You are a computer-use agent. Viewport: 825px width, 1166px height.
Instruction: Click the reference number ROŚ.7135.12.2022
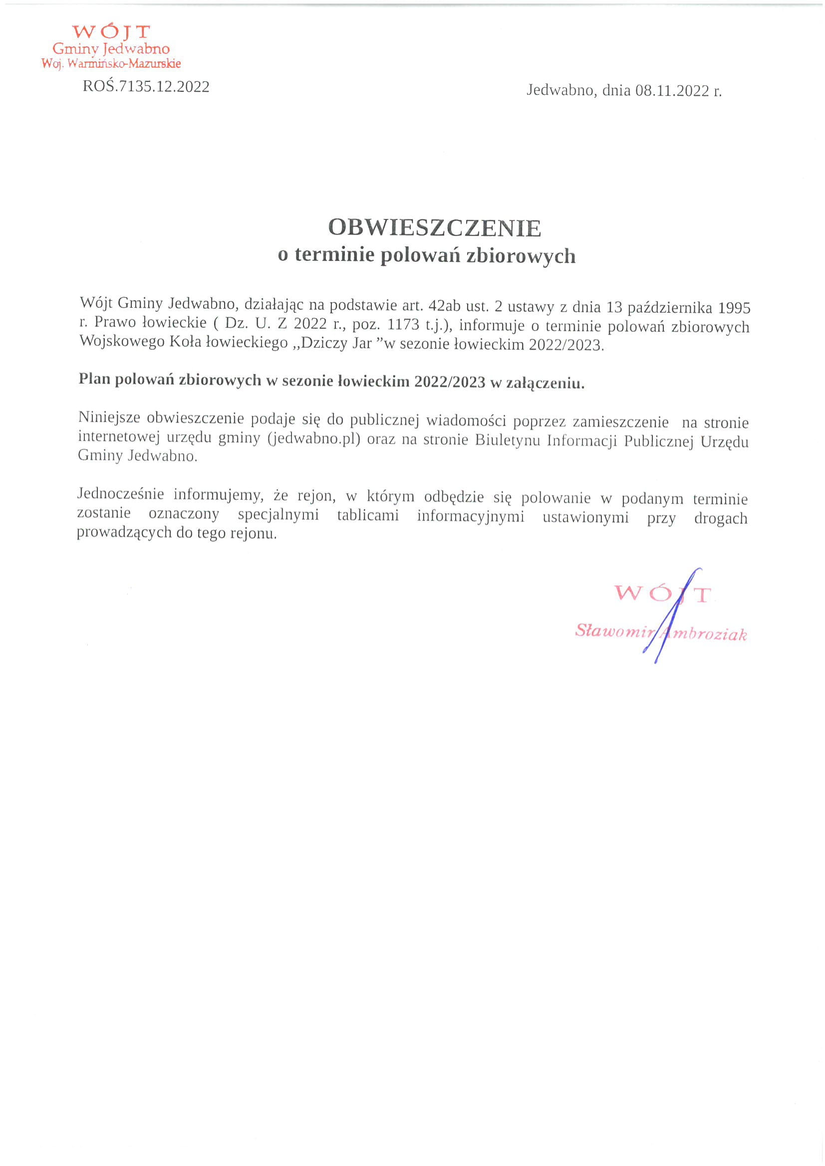(x=146, y=86)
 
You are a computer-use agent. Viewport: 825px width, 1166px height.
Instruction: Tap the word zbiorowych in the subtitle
(x=521, y=256)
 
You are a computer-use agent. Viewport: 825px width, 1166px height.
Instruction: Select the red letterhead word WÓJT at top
(x=111, y=32)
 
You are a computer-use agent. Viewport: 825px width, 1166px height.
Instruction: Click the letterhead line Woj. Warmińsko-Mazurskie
(x=111, y=64)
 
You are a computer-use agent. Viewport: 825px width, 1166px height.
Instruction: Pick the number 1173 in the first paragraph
(x=403, y=324)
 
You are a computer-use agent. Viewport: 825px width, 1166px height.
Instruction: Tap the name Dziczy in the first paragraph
(x=321, y=343)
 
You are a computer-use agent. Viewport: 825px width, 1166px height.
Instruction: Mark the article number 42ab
(x=445, y=306)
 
